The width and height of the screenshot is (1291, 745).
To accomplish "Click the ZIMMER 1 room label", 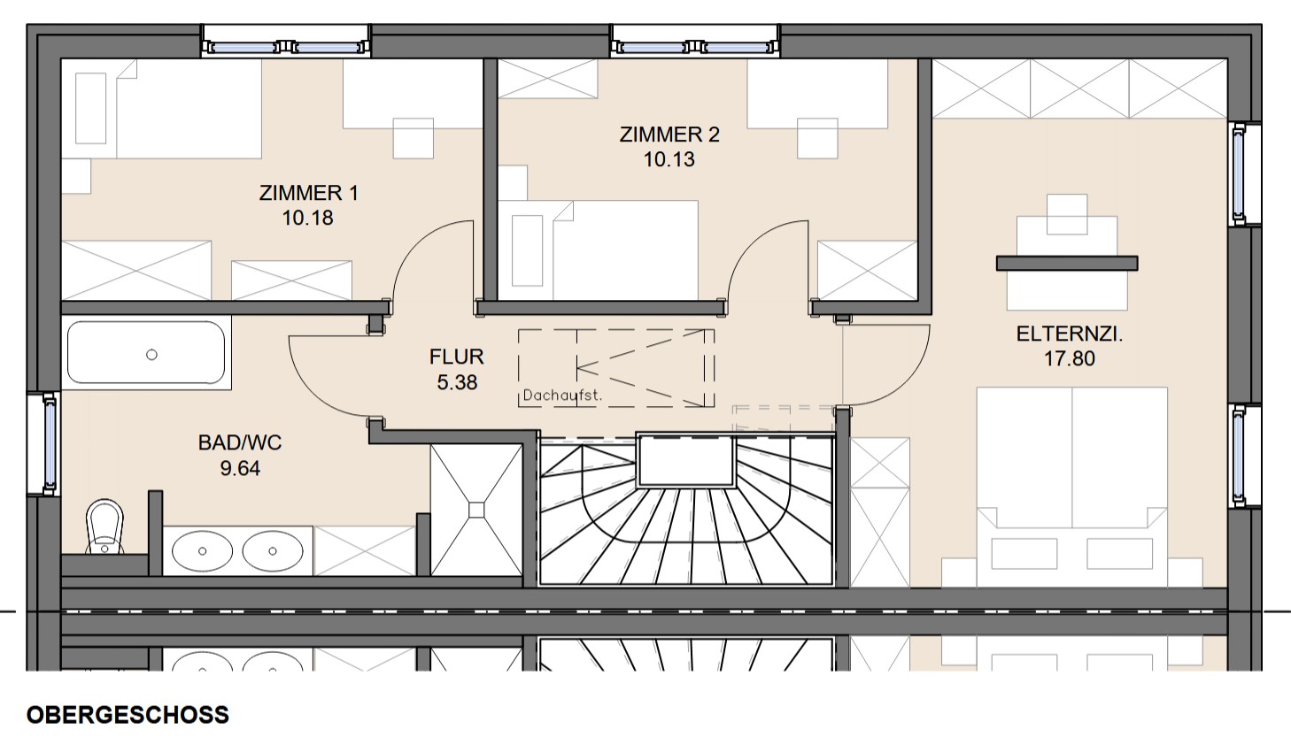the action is pyautogui.click(x=309, y=193).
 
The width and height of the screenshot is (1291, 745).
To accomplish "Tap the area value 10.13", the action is pyautogui.click(x=669, y=159).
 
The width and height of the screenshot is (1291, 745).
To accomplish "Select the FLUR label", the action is pyautogui.click(x=457, y=357).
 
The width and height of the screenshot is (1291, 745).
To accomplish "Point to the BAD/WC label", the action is pyautogui.click(x=240, y=442).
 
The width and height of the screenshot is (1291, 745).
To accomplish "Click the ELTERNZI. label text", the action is pyautogui.click(x=1070, y=334).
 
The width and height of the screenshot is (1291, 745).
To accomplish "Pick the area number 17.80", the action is pyautogui.click(x=1070, y=358).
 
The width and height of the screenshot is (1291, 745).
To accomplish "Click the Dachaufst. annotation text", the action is pyautogui.click(x=562, y=396).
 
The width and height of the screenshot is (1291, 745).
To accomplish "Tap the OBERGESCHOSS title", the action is pyautogui.click(x=128, y=715).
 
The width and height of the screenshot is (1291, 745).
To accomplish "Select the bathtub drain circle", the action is pyautogui.click(x=151, y=355).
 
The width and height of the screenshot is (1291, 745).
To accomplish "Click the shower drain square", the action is pyautogui.click(x=476, y=511).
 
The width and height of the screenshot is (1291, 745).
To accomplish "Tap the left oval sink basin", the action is pyautogui.click(x=202, y=551).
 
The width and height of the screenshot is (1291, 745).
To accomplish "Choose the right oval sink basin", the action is pyautogui.click(x=273, y=551).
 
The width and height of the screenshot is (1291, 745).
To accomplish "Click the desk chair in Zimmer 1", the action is pyautogui.click(x=414, y=138).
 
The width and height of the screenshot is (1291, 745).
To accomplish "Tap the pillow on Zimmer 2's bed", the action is pyautogui.click(x=528, y=250).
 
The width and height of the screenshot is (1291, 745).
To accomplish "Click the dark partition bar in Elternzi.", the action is pyautogui.click(x=1067, y=263).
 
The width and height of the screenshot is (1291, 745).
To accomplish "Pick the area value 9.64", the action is pyautogui.click(x=240, y=468).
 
